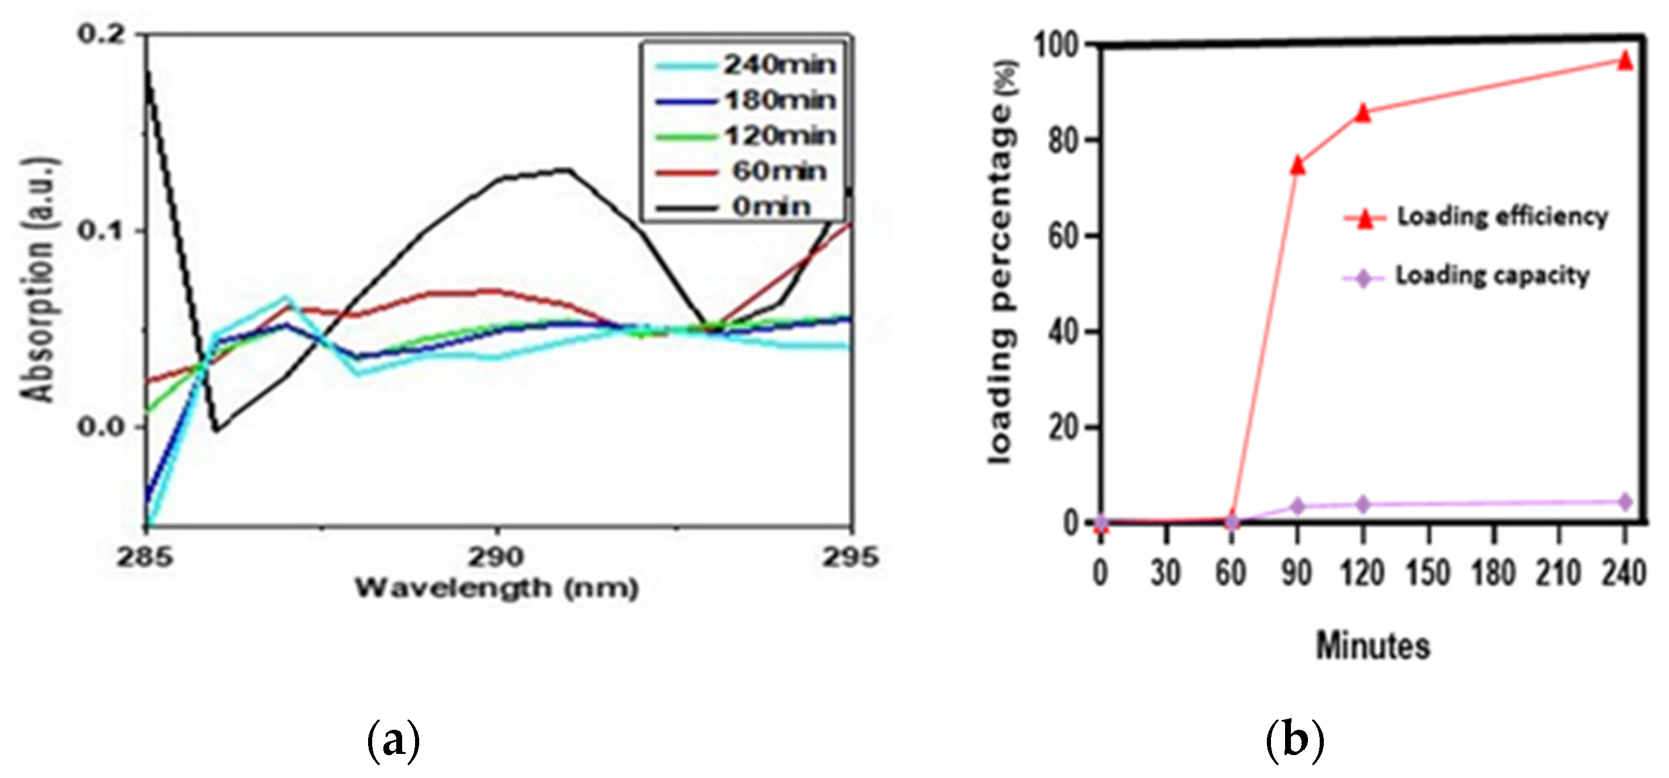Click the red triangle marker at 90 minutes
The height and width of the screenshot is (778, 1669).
pyautogui.click(x=1297, y=165)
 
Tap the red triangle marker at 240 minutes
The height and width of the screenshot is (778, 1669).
pyautogui.click(x=1625, y=61)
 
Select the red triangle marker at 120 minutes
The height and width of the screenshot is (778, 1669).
pyautogui.click(x=1363, y=112)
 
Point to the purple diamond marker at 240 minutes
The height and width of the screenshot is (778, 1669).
pyautogui.click(x=1625, y=501)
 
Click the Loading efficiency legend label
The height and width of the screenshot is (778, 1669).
pyautogui.click(x=1502, y=216)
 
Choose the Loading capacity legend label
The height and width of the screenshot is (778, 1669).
pyautogui.click(x=1492, y=276)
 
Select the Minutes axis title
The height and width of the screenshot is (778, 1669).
pyautogui.click(x=1373, y=646)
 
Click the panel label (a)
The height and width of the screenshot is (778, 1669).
pyautogui.click(x=393, y=741)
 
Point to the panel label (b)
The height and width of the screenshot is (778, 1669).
pyautogui.click(x=1294, y=741)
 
